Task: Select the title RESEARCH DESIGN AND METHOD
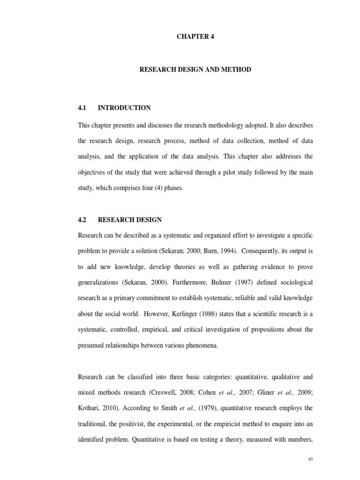(195, 69)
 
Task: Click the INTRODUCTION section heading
(124, 108)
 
